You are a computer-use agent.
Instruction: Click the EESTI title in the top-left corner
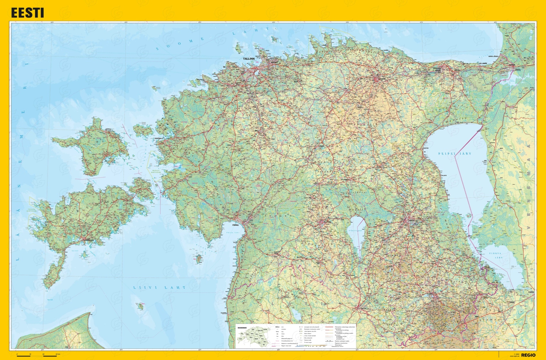pos(27,13)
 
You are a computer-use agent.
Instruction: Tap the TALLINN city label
pos(249,59)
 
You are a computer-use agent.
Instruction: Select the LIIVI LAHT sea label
pos(159,287)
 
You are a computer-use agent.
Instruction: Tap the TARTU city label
pos(411,221)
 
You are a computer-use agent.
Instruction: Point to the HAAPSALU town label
pos(159,138)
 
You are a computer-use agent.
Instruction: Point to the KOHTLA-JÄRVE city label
pos(437,69)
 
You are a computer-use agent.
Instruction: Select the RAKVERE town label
pos(381,79)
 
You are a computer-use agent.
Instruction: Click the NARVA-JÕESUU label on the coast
pos(493,56)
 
